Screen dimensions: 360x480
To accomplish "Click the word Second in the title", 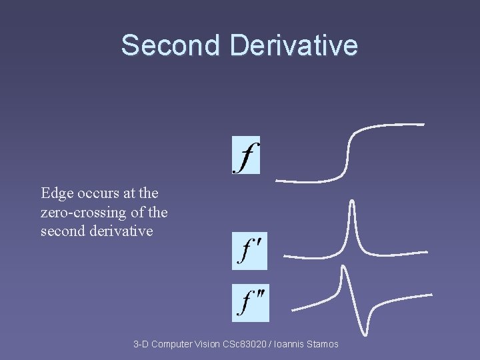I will pyautogui.click(x=170, y=45).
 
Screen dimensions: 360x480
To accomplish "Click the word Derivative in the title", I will pyautogui.click(x=293, y=45).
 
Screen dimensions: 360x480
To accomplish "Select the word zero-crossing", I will pyautogui.click(x=81, y=213).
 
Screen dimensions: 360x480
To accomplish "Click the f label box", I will pyautogui.click(x=246, y=155).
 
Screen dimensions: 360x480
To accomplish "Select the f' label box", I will pyautogui.click(x=249, y=251).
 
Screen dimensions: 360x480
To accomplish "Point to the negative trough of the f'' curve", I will pyautogui.click(x=366, y=332).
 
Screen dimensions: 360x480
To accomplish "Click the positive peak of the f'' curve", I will pyautogui.click(x=343, y=268).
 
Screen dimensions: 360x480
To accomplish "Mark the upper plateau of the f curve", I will pyautogui.click(x=393, y=125).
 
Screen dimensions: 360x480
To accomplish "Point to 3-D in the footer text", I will pyautogui.click(x=141, y=344).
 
